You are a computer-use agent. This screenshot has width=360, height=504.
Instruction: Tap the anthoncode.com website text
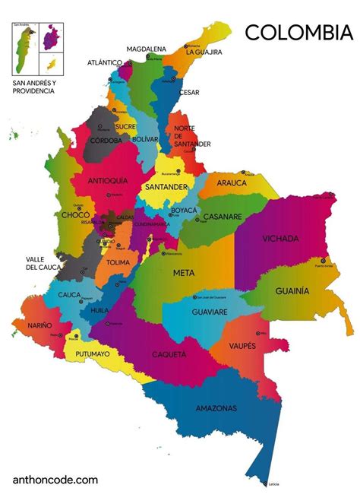pyautogui.click(x=55, y=480)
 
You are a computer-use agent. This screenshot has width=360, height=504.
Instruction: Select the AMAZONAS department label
pyautogui.click(x=216, y=408)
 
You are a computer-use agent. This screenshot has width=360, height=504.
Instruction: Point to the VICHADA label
pyautogui.click(x=280, y=239)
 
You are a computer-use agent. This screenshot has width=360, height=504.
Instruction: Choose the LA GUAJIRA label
pyautogui.click(x=204, y=52)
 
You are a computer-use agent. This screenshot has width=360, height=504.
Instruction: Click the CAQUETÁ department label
pyautogui.click(x=169, y=354)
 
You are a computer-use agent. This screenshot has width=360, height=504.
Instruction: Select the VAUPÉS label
pyautogui.click(x=248, y=346)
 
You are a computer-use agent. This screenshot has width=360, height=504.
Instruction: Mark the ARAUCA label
pyautogui.click(x=232, y=183)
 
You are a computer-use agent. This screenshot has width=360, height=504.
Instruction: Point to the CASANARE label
pyautogui.click(x=223, y=217)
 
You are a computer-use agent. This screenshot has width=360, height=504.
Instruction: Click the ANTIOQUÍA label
pyautogui.click(x=108, y=180)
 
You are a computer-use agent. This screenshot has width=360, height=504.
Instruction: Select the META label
pyautogui.click(x=183, y=272)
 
